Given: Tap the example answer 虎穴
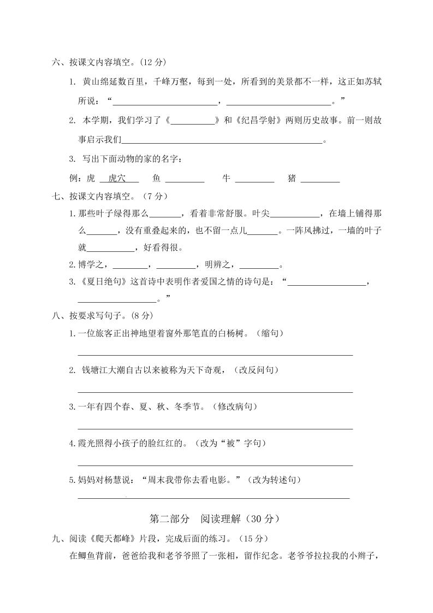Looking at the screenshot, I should pos(116,178).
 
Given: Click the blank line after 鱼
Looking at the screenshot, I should pos(185,180).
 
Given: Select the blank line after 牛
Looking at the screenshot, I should pos(254,180).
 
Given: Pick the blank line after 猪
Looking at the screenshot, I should pos(320,180).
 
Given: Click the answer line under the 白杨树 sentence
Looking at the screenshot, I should pos(215,355).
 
